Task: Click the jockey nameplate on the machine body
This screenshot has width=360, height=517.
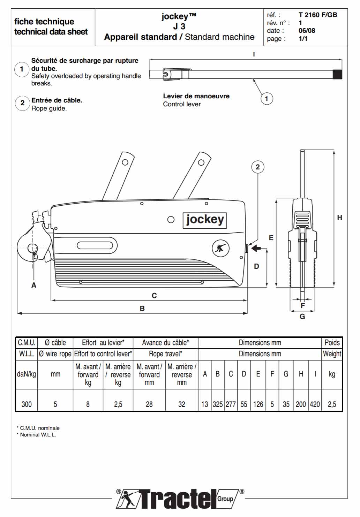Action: (205, 220)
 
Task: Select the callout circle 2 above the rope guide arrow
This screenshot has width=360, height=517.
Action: (257, 167)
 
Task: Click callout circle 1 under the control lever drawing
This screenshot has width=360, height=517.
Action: (267, 99)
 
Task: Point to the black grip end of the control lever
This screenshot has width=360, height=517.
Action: (337, 74)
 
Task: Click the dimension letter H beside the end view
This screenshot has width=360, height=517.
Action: (339, 218)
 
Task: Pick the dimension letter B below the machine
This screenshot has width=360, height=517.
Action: (142, 309)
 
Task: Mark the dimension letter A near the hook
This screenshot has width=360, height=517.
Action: (34, 285)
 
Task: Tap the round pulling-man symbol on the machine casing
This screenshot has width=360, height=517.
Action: (220, 249)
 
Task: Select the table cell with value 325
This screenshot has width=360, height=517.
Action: (218, 404)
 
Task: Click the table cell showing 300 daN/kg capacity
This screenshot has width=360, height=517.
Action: (27, 404)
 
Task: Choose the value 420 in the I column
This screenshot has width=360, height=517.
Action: (315, 404)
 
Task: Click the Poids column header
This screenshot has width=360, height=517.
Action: (332, 343)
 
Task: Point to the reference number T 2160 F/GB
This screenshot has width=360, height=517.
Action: (317, 15)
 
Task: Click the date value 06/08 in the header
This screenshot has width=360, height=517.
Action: (307, 31)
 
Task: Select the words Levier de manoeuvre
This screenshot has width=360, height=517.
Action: (196, 96)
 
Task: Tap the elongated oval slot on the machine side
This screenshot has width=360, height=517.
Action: (97, 245)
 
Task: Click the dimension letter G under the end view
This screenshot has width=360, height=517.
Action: (302, 317)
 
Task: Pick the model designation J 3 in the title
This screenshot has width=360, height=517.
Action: (179, 26)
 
